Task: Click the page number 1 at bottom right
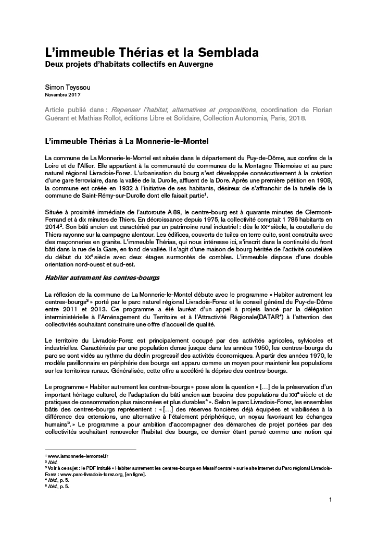pos(330,501)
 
